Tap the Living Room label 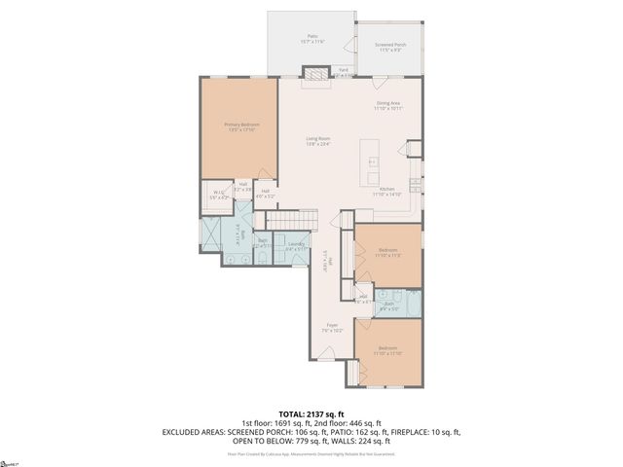[319, 142]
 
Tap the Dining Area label [388, 105]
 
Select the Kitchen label [386, 191]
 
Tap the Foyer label [332, 327]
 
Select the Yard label [343, 71]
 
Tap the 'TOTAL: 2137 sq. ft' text [311, 413]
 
